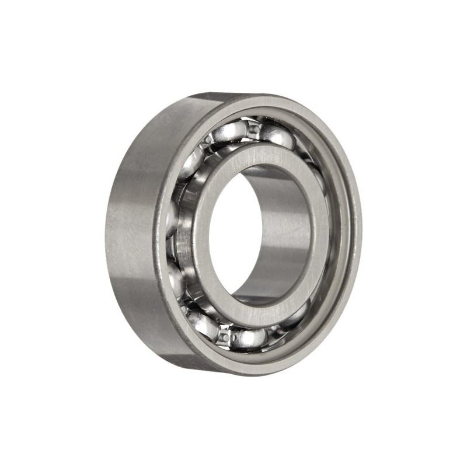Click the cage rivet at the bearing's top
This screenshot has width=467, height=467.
253,128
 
